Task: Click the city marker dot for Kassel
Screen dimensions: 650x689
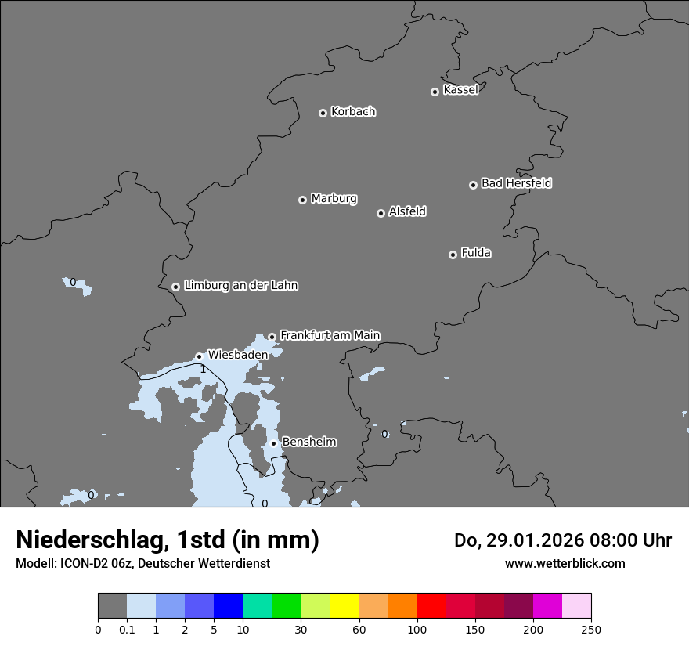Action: (x=435, y=92)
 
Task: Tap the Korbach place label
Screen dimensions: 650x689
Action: (x=353, y=112)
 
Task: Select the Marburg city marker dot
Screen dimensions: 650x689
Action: (x=302, y=200)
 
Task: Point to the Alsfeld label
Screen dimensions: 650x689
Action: (x=407, y=211)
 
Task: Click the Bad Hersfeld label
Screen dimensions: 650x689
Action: (x=516, y=183)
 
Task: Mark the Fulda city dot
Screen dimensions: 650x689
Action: (x=453, y=255)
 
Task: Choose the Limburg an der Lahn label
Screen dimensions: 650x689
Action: (x=240, y=286)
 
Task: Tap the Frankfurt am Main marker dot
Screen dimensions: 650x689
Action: (x=272, y=337)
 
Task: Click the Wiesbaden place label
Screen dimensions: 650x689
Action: (x=237, y=355)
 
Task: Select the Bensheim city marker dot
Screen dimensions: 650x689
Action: (x=273, y=443)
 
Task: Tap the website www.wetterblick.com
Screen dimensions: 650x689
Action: (x=565, y=563)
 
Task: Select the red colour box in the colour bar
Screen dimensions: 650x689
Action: (x=431, y=606)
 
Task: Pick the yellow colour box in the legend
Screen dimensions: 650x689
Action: (x=344, y=606)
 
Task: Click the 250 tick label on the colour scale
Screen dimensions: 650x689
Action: (x=591, y=629)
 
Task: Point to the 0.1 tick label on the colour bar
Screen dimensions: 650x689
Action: (x=127, y=629)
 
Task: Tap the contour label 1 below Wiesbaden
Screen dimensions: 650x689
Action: (x=203, y=369)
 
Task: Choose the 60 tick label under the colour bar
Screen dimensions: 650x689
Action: (x=359, y=629)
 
